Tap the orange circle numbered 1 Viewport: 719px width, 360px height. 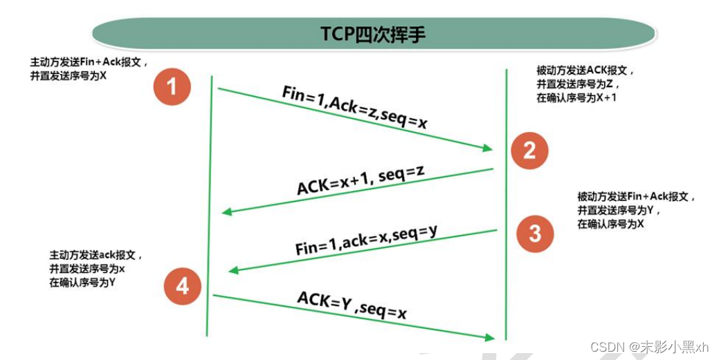coord(172,86)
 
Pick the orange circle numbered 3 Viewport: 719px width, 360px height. coord(534,234)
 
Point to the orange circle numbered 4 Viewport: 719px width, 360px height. coord(182,285)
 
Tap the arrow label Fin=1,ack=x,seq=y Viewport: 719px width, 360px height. coord(366,240)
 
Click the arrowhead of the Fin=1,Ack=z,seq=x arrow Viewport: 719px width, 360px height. coord(489,148)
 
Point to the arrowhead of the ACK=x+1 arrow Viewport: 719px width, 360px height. coord(225,212)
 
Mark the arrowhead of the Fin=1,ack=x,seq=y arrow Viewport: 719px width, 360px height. coord(233,270)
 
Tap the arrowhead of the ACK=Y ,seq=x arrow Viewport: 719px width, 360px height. coord(491,337)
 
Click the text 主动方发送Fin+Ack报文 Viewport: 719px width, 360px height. coord(89,61)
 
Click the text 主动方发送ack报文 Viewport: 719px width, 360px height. coord(95,255)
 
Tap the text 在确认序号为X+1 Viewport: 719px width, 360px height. coord(577,98)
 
